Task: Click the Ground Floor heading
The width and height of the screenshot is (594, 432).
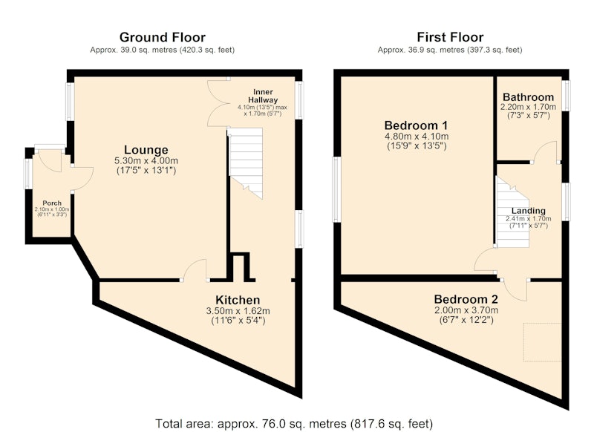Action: (x=162, y=37)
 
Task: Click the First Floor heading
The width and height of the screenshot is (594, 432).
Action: (x=450, y=37)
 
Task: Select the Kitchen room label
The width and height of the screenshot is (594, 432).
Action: (x=238, y=300)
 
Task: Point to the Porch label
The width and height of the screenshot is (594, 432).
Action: (x=52, y=203)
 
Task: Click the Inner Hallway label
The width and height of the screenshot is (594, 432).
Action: (x=263, y=96)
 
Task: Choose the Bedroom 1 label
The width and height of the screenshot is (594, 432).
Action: (x=416, y=125)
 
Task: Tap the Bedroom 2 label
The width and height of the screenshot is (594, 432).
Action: (x=466, y=299)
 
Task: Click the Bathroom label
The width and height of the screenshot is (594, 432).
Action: (x=528, y=97)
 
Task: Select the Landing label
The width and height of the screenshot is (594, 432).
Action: (x=529, y=211)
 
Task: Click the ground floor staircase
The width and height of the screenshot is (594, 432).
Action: (x=246, y=163)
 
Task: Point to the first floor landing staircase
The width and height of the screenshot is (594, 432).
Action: (x=512, y=212)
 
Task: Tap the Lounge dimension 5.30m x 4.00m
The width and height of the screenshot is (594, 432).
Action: (x=146, y=160)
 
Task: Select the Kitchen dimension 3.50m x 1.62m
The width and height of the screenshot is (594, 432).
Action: (x=238, y=311)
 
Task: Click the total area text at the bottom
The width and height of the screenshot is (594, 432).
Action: (x=294, y=423)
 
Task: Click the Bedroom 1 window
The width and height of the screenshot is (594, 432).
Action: (x=336, y=189)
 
